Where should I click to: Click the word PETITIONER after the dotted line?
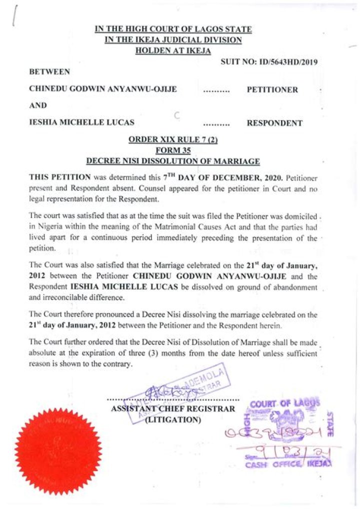[272, 90]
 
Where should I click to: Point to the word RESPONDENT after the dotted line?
[274, 122]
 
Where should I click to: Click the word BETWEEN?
[49, 72]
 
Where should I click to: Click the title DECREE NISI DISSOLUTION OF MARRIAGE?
[173, 161]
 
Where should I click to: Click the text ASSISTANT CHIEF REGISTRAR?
[173, 409]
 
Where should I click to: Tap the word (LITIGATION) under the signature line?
[173, 420]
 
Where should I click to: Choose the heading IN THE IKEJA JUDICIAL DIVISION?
[173, 40]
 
